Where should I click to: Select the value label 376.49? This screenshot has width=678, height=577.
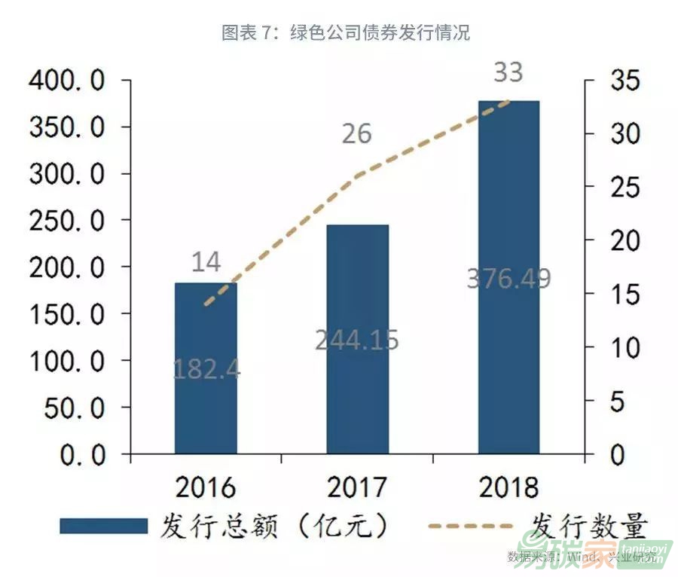coord(508,278)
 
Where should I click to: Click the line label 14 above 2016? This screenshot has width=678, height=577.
coord(206,262)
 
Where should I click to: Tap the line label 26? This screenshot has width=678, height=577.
coord(356,133)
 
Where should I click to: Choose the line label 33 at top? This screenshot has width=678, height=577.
coord(508,73)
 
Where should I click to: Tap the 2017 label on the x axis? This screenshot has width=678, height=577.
coord(357,487)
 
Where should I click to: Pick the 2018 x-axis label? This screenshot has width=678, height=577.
coord(508,487)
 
